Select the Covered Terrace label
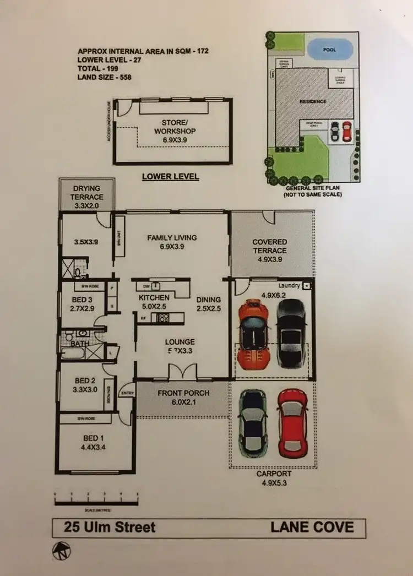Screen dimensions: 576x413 270,246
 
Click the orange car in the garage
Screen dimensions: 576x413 253,334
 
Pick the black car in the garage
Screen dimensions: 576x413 291,334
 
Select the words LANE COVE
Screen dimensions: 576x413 311,527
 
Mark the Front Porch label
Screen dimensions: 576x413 183,398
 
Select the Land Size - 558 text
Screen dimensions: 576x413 105,78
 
